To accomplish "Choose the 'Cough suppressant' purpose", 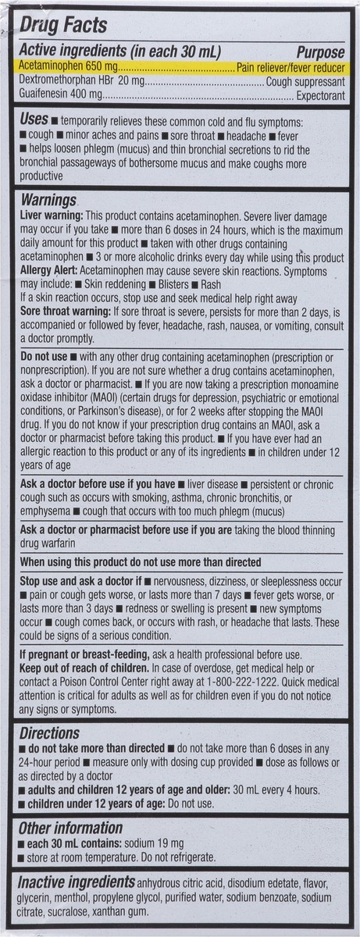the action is click(305, 82).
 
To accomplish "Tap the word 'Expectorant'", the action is click(319, 95).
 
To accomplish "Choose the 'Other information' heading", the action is click(71, 828).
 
